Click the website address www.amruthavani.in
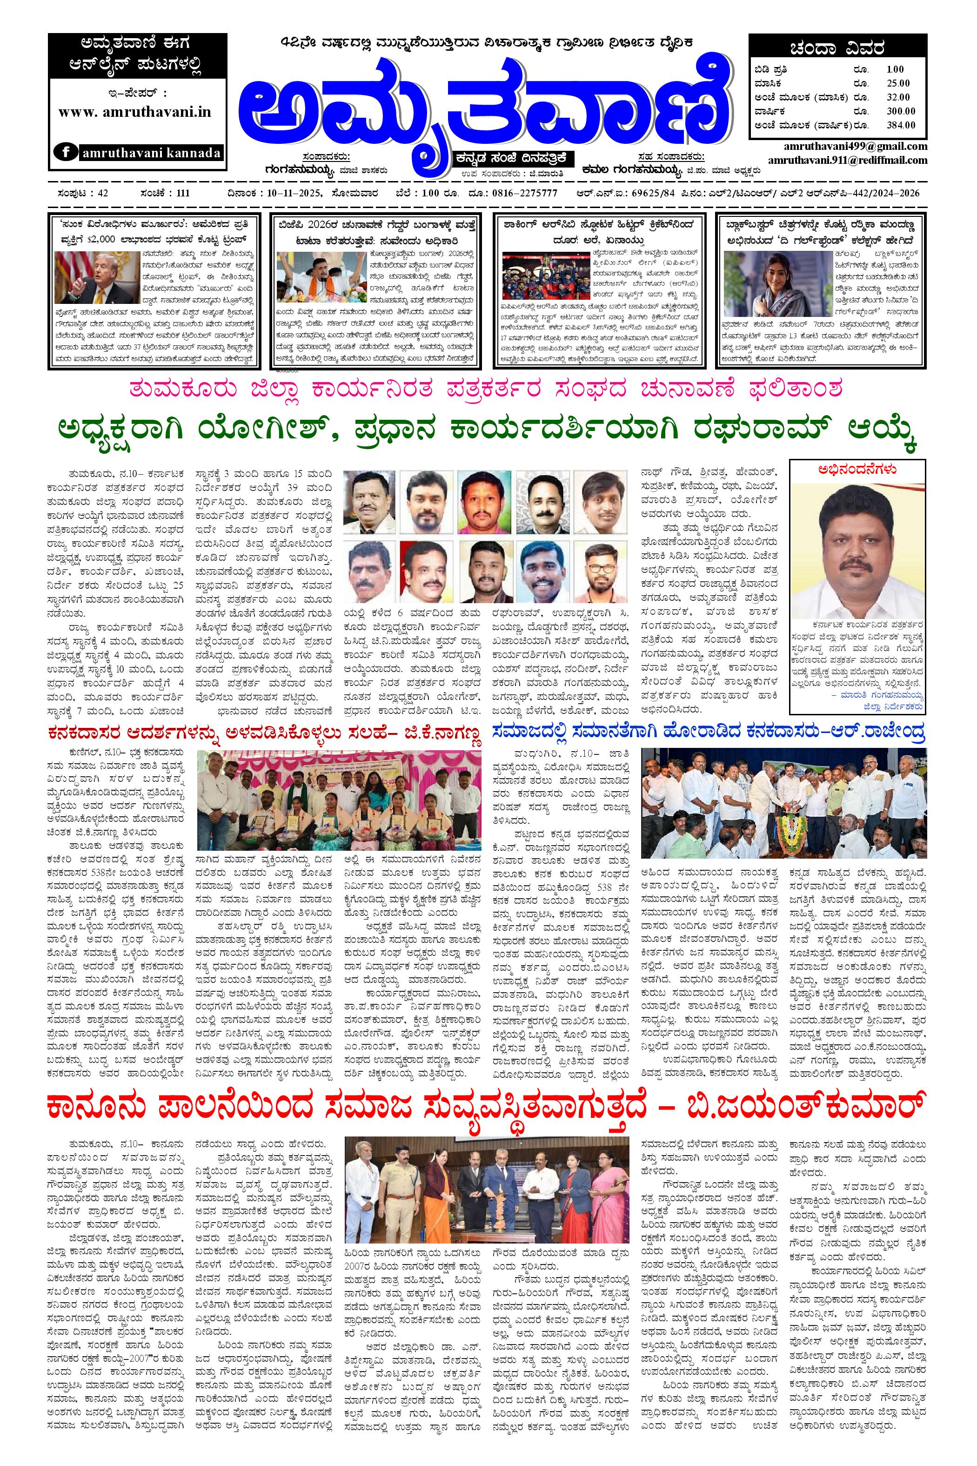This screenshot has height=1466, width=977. (135, 113)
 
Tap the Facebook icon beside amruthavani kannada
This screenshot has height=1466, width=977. (64, 153)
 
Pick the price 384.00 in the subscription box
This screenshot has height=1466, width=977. (901, 125)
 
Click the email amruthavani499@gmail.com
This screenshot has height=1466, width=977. (856, 147)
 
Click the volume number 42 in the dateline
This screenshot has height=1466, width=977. (100, 193)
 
